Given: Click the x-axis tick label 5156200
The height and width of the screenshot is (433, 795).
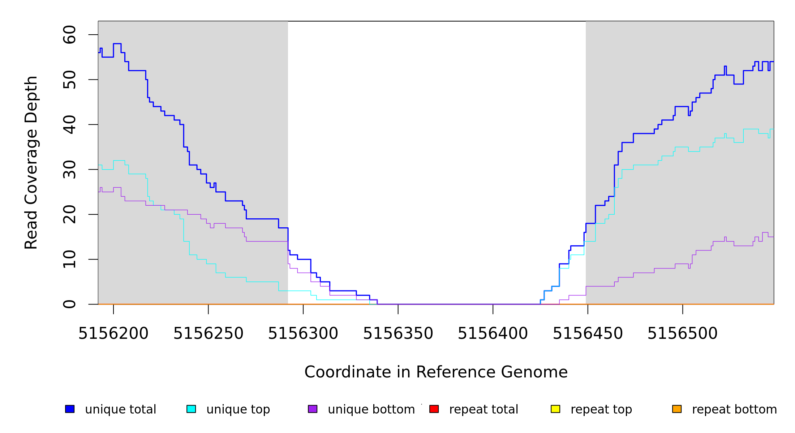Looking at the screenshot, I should click(113, 334).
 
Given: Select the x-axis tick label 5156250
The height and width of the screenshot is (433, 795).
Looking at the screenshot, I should click(209, 334).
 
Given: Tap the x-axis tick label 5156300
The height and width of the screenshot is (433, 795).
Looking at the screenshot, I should click(303, 334).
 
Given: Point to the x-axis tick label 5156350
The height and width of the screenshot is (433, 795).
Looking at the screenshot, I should click(398, 334).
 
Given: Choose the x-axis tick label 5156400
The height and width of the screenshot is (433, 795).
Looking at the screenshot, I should click(493, 334).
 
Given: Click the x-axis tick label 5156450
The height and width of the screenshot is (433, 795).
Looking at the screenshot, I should click(588, 334).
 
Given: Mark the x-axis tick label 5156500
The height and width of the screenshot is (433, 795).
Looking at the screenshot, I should click(683, 334).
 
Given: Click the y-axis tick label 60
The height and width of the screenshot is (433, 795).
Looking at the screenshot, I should click(69, 35).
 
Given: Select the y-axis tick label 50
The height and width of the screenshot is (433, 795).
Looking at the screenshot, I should click(69, 80).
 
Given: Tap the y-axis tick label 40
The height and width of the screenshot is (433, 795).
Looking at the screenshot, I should click(69, 124).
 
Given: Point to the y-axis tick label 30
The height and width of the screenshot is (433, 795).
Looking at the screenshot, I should click(69, 170).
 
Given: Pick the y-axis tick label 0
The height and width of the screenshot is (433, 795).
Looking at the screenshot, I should click(69, 304).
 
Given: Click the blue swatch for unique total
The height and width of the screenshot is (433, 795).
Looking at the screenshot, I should click(70, 409).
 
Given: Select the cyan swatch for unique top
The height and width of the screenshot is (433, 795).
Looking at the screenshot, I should click(191, 409).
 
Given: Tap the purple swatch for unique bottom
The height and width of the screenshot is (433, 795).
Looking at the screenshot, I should click(313, 409).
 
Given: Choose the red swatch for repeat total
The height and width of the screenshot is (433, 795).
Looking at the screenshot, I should click(434, 409).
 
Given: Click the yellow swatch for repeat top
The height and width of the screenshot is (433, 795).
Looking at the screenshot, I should click(555, 409).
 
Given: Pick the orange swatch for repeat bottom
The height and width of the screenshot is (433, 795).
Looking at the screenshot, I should click(677, 409).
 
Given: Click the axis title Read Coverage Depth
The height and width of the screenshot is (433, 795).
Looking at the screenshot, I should click(31, 162).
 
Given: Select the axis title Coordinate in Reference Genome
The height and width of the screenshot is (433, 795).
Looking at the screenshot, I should click(436, 372).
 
